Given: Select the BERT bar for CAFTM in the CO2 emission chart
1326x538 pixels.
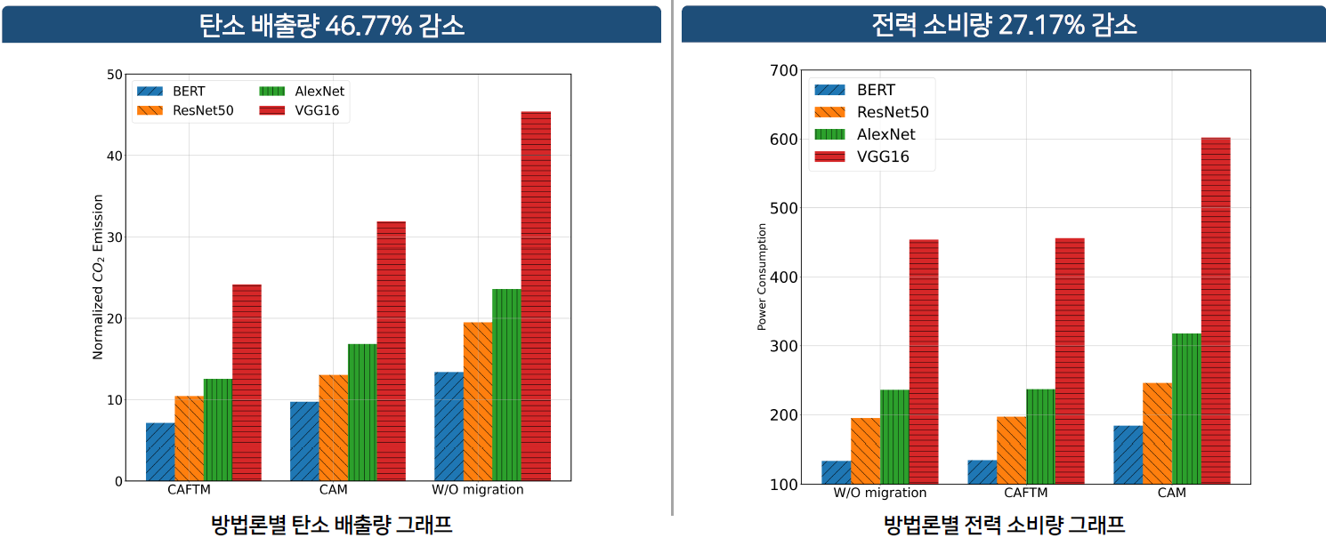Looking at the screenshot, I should click(x=160, y=452).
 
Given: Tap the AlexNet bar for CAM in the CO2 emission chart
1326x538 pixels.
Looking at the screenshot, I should click(x=362, y=413).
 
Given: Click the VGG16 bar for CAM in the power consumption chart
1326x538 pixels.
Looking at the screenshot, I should click(x=1216, y=311).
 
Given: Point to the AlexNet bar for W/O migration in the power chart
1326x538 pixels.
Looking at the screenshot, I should click(x=894, y=437).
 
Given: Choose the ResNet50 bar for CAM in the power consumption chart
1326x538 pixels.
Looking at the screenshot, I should click(x=1157, y=433).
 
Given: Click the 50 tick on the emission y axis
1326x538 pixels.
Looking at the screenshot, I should click(x=114, y=75).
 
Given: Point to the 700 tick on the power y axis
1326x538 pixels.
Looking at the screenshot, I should click(x=784, y=70).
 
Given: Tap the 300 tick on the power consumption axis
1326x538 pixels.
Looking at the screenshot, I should click(x=784, y=346).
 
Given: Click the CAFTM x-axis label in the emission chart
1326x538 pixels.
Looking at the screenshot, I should click(x=189, y=490).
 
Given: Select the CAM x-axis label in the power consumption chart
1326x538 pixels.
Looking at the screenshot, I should click(x=1172, y=493).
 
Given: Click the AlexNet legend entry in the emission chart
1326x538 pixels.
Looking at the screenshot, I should click(x=302, y=91).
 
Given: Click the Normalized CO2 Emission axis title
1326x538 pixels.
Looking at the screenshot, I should click(x=99, y=277).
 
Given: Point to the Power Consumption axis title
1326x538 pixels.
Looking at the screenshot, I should click(x=762, y=277).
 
